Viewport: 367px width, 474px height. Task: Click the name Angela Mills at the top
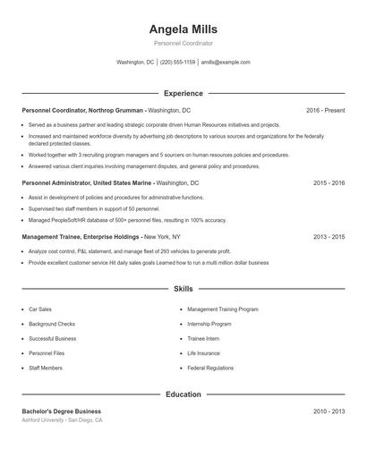183,30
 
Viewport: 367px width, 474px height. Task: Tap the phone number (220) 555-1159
177,63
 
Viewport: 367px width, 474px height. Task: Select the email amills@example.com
226,63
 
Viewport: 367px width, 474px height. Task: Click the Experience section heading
183,93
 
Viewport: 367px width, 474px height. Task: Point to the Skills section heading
183,290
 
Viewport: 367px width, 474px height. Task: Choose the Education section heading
183,394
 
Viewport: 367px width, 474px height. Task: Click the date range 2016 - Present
325,110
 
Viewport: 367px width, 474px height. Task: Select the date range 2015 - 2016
329,182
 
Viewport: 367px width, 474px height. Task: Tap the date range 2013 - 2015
329,237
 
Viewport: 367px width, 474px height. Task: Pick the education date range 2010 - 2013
329,411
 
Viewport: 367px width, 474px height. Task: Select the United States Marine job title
110,182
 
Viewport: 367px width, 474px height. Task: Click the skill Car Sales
39,309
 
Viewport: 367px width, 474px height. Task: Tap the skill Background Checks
52,324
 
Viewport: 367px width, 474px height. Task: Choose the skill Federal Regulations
210,368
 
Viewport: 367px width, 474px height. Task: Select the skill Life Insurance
203,353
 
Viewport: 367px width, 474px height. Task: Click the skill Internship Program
209,324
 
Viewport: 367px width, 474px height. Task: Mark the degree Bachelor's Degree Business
62,411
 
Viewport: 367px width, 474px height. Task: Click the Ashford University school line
62,419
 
